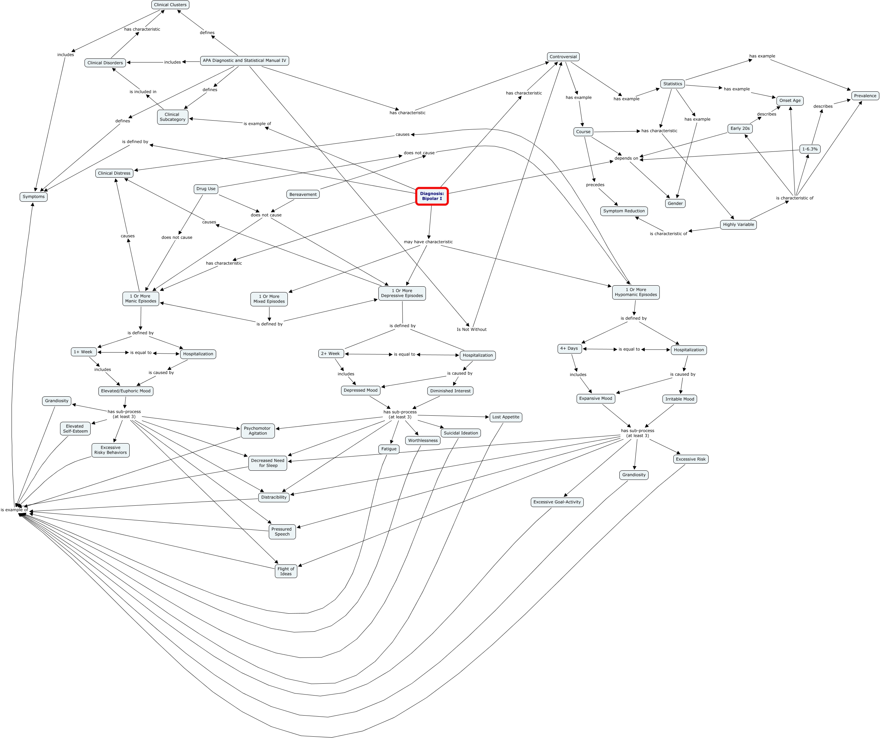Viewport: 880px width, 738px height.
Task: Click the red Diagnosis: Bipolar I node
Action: point(432,196)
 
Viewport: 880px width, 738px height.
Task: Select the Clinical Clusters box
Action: point(170,5)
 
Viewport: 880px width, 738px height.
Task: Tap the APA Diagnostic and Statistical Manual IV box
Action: point(244,60)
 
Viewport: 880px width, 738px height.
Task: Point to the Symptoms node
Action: point(34,197)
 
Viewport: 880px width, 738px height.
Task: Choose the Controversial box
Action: point(563,57)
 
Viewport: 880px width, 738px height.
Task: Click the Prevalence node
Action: point(865,96)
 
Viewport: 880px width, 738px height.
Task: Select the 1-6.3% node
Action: point(810,149)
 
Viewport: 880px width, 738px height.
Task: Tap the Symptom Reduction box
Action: point(623,211)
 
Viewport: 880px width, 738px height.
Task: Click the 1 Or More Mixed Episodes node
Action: point(269,299)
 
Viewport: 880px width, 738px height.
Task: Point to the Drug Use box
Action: point(206,189)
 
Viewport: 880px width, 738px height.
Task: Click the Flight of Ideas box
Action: point(286,571)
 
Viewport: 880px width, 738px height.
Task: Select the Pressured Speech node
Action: point(282,531)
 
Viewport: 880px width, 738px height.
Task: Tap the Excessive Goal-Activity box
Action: point(557,502)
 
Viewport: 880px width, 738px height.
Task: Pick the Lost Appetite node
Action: point(505,417)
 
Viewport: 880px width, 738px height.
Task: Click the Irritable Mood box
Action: point(679,399)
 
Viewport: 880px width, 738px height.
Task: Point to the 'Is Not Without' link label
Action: point(471,329)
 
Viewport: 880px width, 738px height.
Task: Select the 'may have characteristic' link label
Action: point(428,241)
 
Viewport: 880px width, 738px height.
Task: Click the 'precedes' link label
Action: point(595,184)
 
